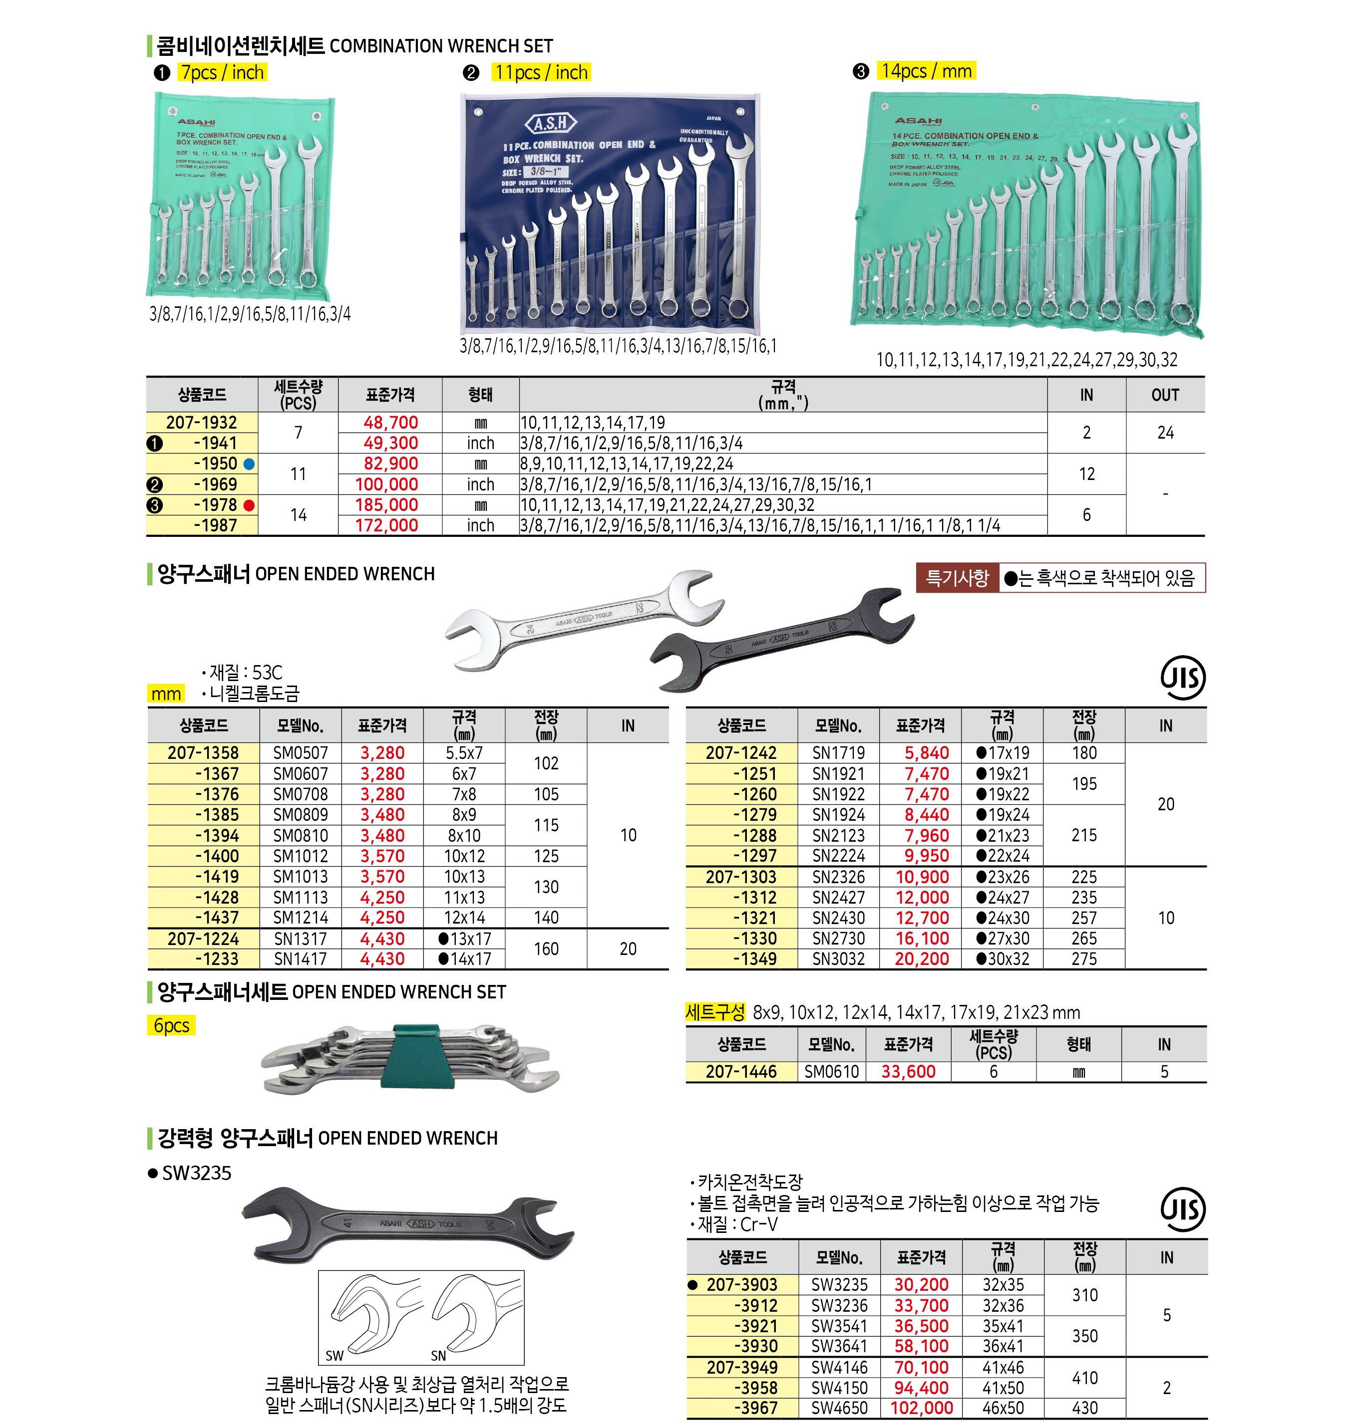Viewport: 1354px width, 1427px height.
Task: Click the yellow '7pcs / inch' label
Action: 222,72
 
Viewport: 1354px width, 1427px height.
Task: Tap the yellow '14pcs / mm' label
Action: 926,71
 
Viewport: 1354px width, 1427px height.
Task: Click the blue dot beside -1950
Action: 249,464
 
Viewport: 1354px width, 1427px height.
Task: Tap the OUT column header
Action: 1165,395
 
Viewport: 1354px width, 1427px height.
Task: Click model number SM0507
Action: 300,753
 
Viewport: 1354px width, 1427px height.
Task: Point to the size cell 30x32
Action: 1003,959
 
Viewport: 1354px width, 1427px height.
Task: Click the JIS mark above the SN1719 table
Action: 1183,678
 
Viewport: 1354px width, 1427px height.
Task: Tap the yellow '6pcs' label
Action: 171,1025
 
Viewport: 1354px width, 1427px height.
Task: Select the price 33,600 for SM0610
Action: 908,1072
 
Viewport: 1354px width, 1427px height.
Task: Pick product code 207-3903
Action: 741,1285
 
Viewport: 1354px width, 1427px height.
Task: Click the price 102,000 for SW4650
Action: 922,1408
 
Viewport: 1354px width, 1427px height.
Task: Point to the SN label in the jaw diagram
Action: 438,1356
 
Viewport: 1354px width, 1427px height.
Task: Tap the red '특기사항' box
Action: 957,578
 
